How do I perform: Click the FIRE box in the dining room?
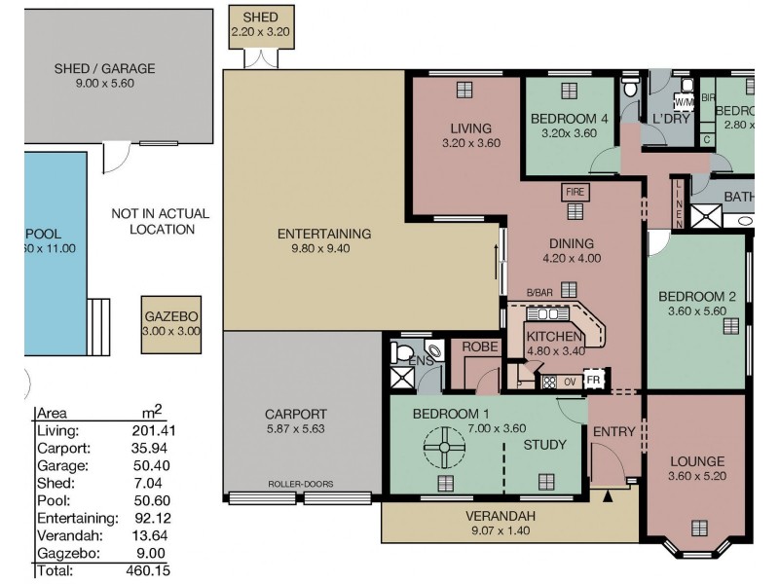pyautogui.click(x=571, y=192)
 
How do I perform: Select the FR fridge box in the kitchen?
pyautogui.click(x=592, y=380)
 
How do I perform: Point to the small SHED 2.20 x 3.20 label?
pyautogui.click(x=254, y=24)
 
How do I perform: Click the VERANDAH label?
pyautogui.click(x=500, y=516)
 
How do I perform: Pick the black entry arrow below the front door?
pyautogui.click(x=610, y=496)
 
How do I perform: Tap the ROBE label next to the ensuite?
pyautogui.click(x=480, y=346)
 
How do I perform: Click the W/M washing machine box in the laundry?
pyautogui.click(x=685, y=101)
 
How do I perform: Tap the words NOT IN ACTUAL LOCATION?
pyautogui.click(x=160, y=221)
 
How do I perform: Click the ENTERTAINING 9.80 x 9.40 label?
pyautogui.click(x=324, y=240)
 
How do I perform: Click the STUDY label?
pyautogui.click(x=544, y=446)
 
